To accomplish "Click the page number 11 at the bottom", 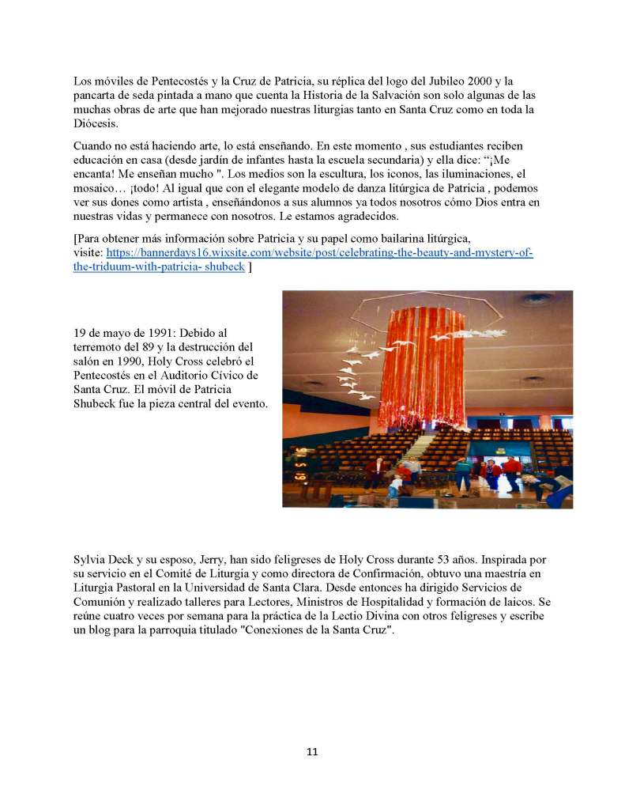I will click(x=312, y=752).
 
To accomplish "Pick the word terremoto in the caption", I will click(x=100, y=348).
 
